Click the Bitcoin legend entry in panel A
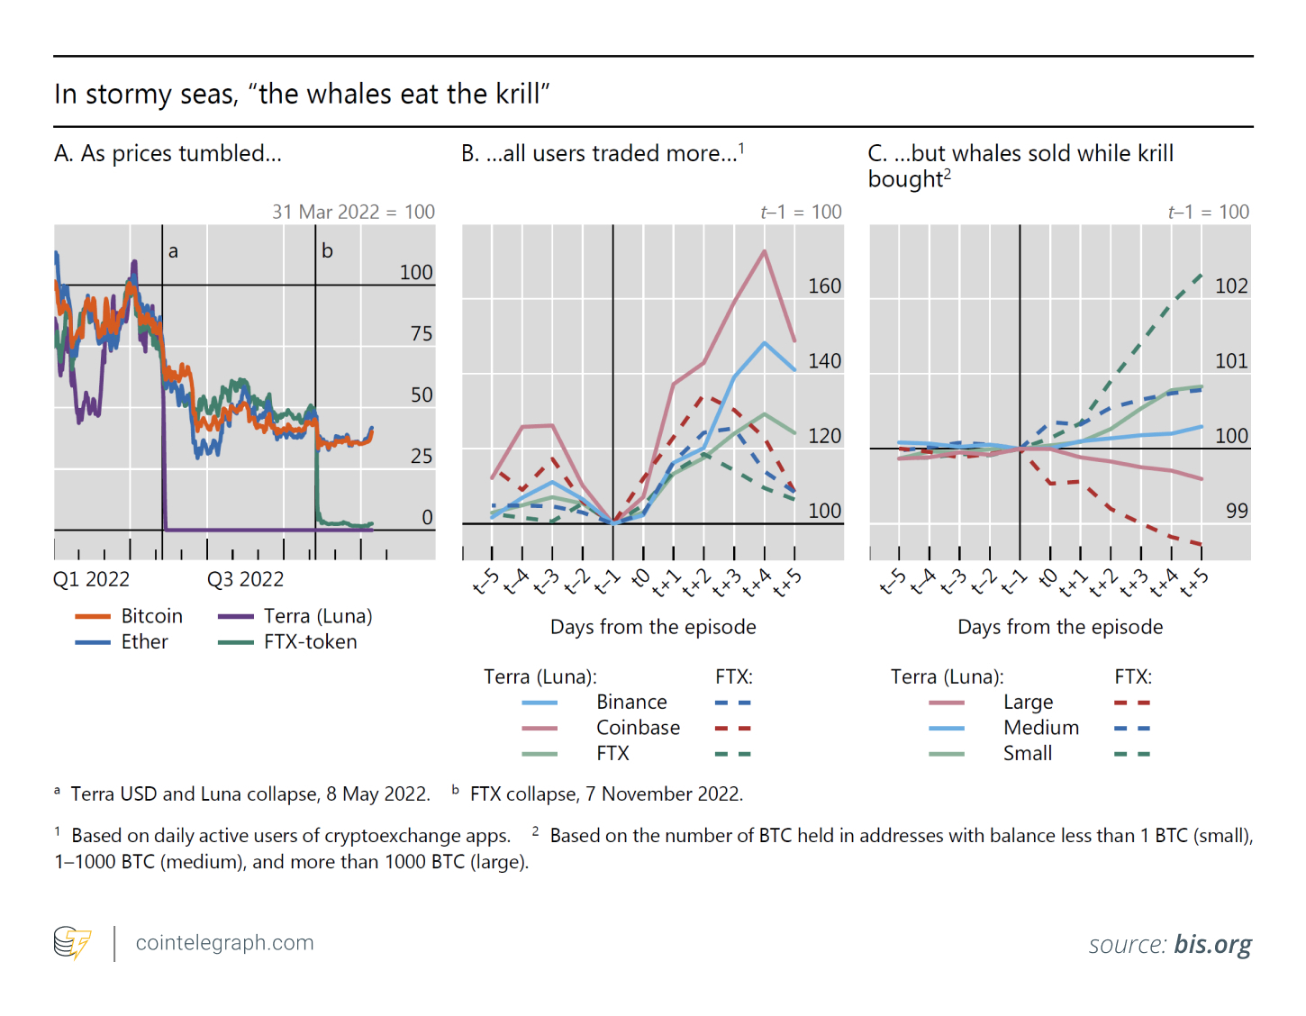[151, 616]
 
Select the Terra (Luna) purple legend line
[235, 616]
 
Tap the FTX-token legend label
[310, 642]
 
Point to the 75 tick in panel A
[422, 334]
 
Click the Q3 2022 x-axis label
[245, 579]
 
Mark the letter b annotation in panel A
[327, 251]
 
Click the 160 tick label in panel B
[824, 286]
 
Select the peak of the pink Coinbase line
[764, 251]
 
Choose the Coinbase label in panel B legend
[638, 728]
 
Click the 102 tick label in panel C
[1231, 286]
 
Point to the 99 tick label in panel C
[1237, 511]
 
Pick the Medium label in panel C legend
[1040, 728]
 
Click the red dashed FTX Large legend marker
[1132, 703]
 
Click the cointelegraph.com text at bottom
[224, 943]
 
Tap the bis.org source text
[1212, 944]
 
